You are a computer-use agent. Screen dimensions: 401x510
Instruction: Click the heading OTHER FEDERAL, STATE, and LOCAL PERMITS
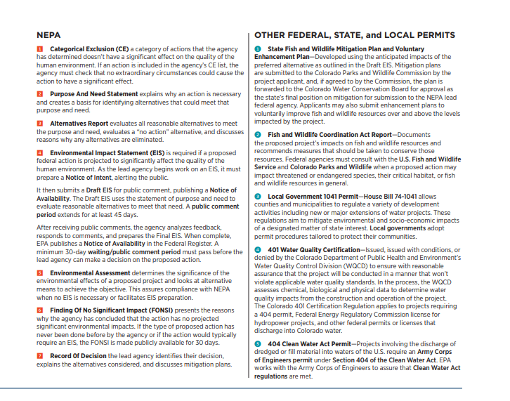tap(354, 34)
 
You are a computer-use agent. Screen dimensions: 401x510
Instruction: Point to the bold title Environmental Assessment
tap(92, 272)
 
